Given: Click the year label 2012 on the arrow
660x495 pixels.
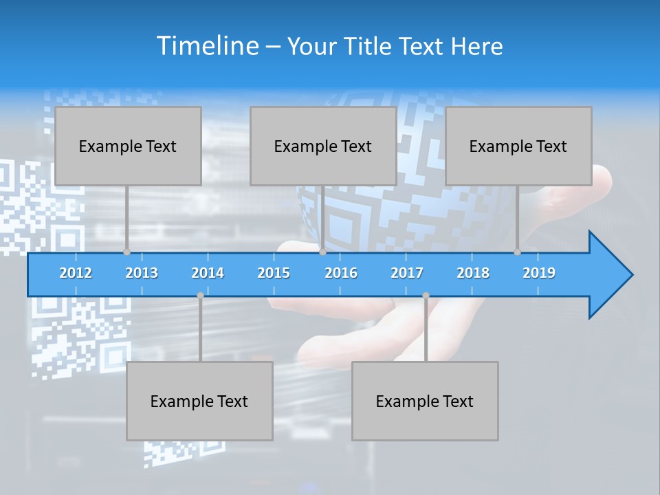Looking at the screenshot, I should coord(76,273).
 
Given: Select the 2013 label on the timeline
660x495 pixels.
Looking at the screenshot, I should coord(142,273).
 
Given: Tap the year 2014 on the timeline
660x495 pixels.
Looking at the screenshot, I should coord(208,273).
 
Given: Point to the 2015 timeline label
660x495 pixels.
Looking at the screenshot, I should coord(274,273).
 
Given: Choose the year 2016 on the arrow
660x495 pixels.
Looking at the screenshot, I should coord(341,273).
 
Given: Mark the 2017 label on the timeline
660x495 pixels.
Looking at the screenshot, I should coord(407,273).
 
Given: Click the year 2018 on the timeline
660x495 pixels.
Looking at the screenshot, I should coord(473,273).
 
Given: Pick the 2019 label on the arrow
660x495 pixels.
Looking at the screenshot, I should coord(539,273).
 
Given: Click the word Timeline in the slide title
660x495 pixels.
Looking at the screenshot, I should coord(206,46).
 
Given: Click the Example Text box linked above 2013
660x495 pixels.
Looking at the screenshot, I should coord(128,146).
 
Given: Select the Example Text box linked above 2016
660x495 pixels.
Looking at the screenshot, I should coord(323,146).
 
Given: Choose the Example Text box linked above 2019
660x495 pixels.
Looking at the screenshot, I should coord(518,146).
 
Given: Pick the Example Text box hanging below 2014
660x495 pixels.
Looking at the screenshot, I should coord(199,401).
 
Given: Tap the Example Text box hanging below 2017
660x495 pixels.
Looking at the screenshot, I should coord(425,401).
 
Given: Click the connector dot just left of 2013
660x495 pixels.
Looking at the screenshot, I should coord(126,252).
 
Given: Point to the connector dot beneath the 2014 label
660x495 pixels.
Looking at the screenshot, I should coord(200,296).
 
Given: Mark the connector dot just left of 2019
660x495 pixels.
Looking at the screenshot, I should coord(517,252).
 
